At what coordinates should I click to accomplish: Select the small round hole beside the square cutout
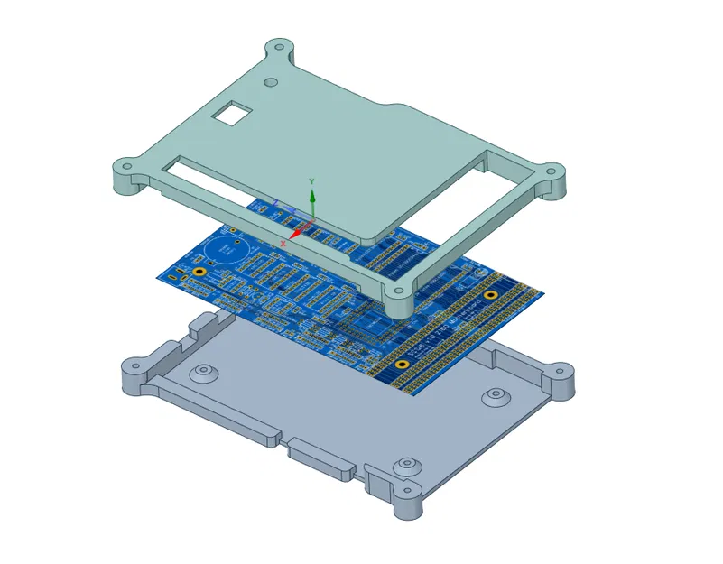pyautogui.click(x=270, y=82)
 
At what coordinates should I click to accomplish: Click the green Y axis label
pyautogui.click(x=311, y=181)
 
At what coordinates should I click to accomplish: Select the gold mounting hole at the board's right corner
pyautogui.click(x=491, y=295)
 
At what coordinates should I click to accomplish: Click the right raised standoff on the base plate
pyautogui.click(x=495, y=395)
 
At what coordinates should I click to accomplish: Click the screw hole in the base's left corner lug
pyautogui.click(x=136, y=365)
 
